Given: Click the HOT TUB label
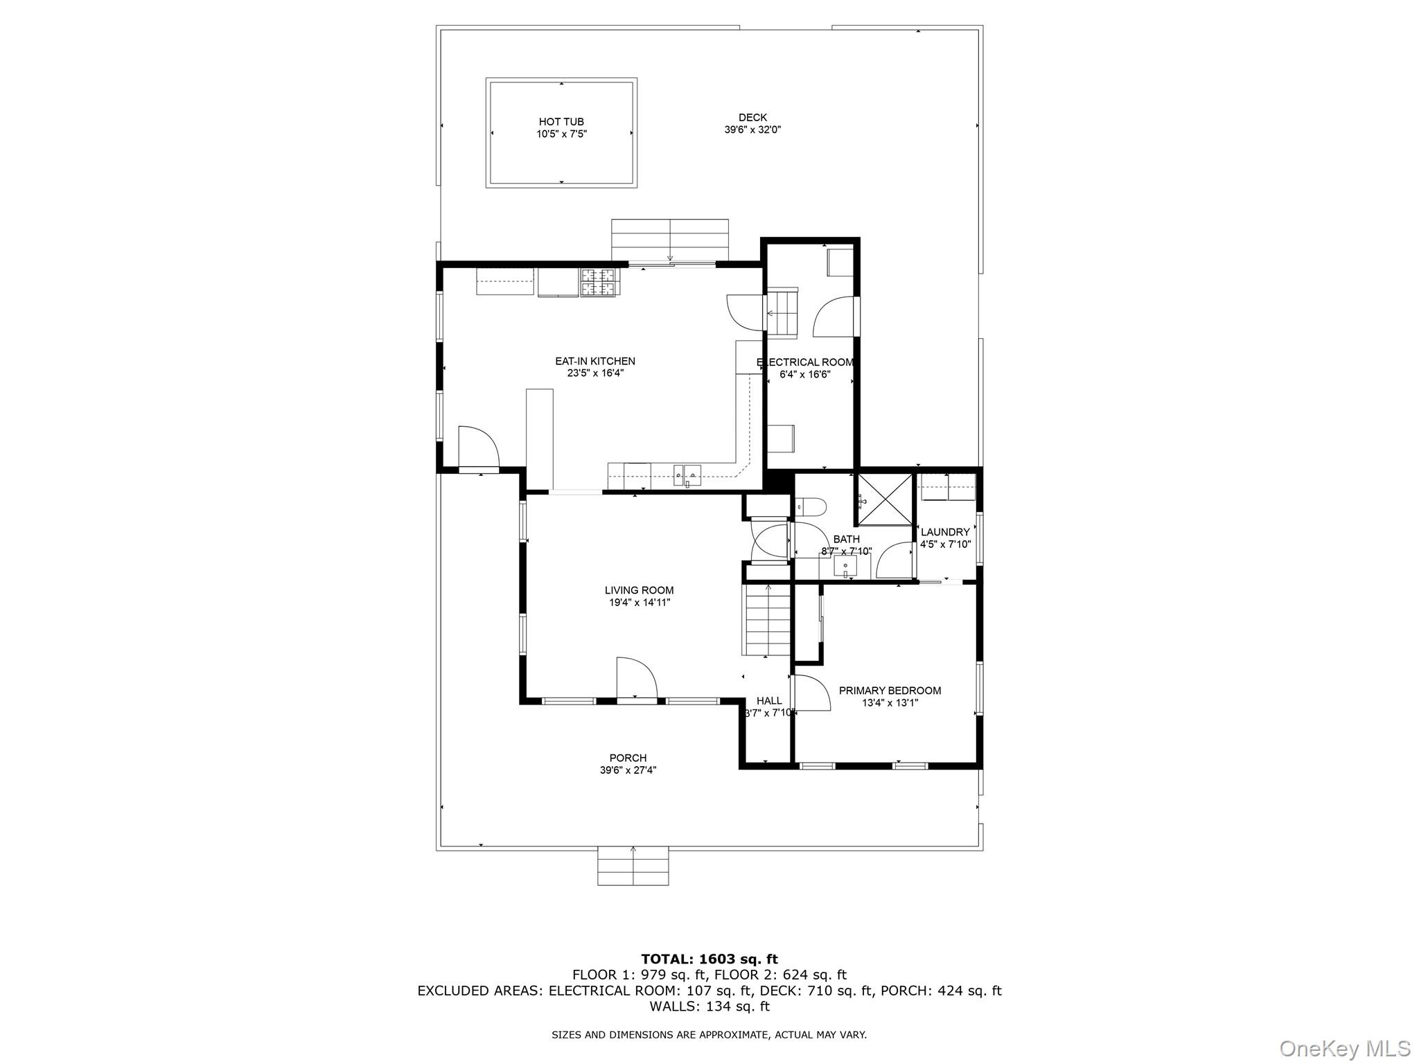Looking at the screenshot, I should pyautogui.click(x=561, y=122).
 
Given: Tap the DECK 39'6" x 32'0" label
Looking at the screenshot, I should pyautogui.click(x=752, y=123).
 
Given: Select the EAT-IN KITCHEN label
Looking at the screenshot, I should pyautogui.click(x=594, y=361).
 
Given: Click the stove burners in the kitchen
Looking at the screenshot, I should pyautogui.click(x=597, y=283).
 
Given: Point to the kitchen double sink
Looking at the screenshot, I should pyautogui.click(x=687, y=475).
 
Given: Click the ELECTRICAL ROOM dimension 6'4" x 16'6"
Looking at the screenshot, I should pyautogui.click(x=805, y=375).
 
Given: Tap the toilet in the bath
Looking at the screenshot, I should pyautogui.click(x=810, y=508).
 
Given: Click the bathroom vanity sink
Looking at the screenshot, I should pyautogui.click(x=845, y=567).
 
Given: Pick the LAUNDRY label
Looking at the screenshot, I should pyautogui.click(x=945, y=532).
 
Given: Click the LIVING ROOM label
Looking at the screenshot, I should pyautogui.click(x=639, y=590).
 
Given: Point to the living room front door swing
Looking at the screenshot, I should pyautogui.click(x=635, y=678).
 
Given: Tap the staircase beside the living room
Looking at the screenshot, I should pyautogui.click(x=766, y=620).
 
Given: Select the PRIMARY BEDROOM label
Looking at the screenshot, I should pyautogui.click(x=890, y=691).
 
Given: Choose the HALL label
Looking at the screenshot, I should pyautogui.click(x=768, y=701).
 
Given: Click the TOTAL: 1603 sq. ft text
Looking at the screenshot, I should pyautogui.click(x=709, y=959).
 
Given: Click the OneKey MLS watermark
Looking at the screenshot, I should pyautogui.click(x=1343, y=1048).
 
